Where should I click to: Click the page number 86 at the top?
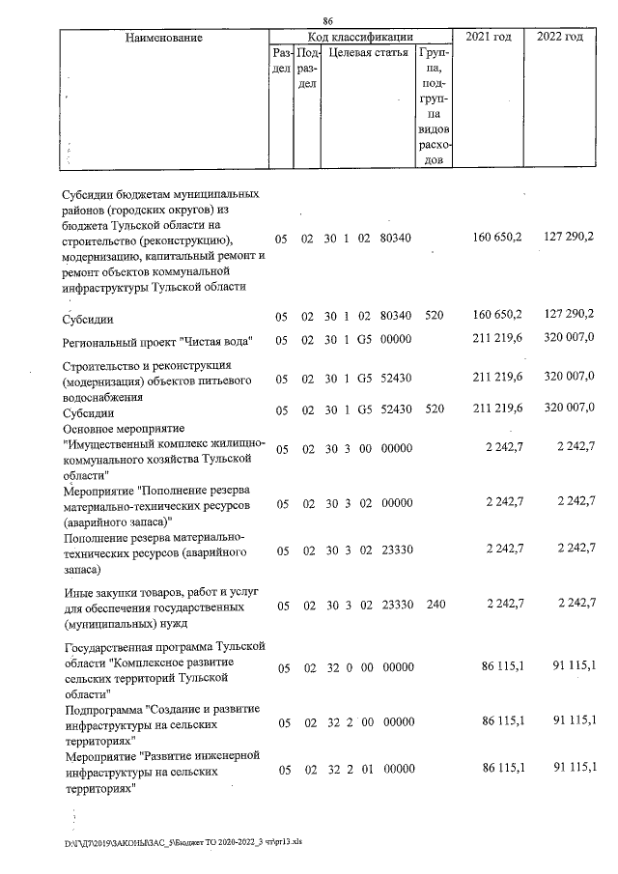tap(328, 19)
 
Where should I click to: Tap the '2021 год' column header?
tap(489, 37)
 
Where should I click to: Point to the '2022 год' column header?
tap(560, 37)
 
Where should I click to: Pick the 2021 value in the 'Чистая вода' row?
tap(498, 339)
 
